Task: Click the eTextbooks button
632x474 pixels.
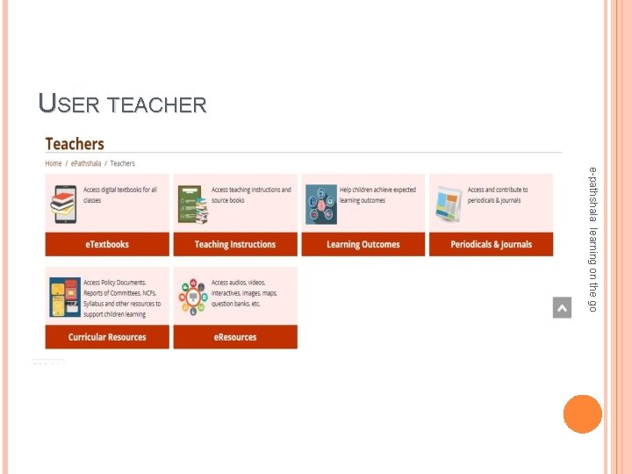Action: click(x=107, y=244)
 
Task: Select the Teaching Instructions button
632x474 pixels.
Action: click(x=234, y=244)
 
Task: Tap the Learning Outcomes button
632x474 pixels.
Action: click(x=363, y=244)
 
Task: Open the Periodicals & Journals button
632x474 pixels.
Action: click(x=491, y=244)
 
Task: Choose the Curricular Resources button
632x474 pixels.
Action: click(x=107, y=337)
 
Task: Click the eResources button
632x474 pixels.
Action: click(x=234, y=337)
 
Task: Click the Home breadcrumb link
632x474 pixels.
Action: click(x=54, y=163)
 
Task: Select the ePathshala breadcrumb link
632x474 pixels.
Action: click(x=85, y=163)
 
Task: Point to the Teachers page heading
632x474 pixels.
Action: click(x=75, y=144)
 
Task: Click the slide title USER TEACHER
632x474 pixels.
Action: click(x=123, y=104)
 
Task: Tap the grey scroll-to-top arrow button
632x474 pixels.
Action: click(x=562, y=308)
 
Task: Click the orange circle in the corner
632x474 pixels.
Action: click(x=582, y=414)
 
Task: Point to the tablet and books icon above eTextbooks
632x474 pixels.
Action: click(x=65, y=203)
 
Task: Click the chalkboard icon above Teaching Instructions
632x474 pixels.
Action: click(x=193, y=203)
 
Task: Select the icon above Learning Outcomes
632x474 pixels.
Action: click(x=320, y=205)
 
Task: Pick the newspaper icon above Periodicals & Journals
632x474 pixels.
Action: click(x=448, y=203)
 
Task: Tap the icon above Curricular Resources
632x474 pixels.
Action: click(x=65, y=297)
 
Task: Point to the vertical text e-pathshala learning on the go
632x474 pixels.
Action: click(x=593, y=238)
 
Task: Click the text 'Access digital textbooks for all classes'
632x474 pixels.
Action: click(x=120, y=195)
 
